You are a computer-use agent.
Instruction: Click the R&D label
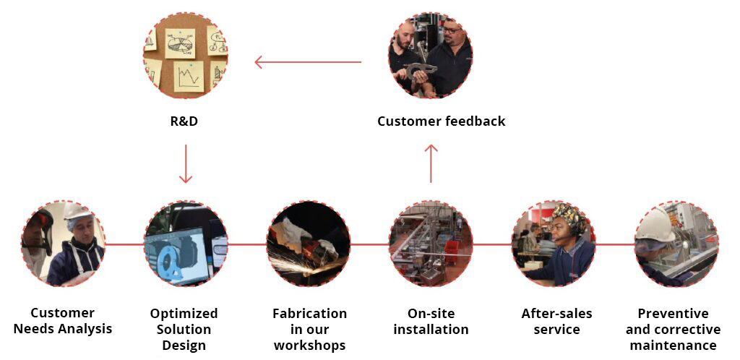point(184,121)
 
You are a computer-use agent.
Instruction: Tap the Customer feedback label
point(441,121)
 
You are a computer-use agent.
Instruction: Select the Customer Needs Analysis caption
point(63,321)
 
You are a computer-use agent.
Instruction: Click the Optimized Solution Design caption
point(184,329)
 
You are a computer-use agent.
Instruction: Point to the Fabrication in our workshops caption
point(309,329)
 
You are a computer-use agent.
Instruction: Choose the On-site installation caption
point(431,321)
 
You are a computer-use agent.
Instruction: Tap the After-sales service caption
point(556,321)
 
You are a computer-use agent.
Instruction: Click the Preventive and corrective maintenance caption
point(673,329)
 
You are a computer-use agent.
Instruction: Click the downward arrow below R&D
point(186,163)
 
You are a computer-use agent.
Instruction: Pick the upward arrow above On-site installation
point(431,163)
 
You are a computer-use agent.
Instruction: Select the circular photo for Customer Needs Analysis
point(63,244)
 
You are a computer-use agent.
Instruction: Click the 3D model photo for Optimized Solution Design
point(186,244)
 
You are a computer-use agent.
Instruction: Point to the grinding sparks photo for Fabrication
point(309,244)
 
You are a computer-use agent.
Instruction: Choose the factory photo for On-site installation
point(431,244)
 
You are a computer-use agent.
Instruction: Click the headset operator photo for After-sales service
point(554,244)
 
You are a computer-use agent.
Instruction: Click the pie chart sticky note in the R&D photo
point(179,43)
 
